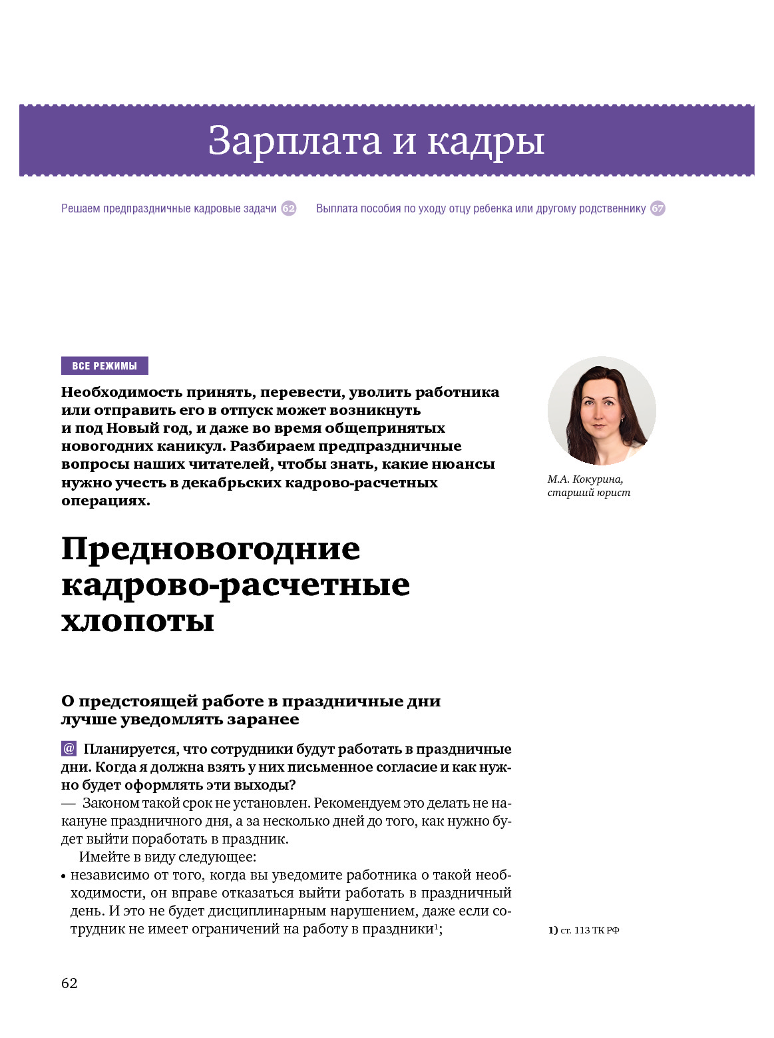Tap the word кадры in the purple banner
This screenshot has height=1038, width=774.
point(485,141)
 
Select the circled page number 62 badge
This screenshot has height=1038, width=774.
point(288,208)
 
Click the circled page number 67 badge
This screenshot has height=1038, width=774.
point(658,208)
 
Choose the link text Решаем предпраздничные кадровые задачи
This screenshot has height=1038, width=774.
point(168,208)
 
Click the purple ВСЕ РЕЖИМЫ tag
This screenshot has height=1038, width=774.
point(104,366)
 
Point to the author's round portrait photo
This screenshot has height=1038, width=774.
point(601,411)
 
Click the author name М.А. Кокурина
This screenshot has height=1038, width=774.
point(585,479)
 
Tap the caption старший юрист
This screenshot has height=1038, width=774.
point(588,493)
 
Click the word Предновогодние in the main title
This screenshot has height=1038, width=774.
point(210,549)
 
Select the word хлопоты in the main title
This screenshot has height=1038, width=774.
point(138,621)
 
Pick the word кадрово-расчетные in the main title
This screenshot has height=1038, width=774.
point(236,585)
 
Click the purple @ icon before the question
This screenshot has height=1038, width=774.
point(69,748)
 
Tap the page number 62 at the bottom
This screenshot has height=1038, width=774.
point(69,983)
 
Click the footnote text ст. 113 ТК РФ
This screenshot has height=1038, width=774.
point(590,930)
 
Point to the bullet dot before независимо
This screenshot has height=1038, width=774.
point(63,877)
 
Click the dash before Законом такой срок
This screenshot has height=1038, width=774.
point(68,803)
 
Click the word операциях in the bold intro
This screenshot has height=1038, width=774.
point(105,501)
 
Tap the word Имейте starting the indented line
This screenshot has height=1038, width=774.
point(100,857)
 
